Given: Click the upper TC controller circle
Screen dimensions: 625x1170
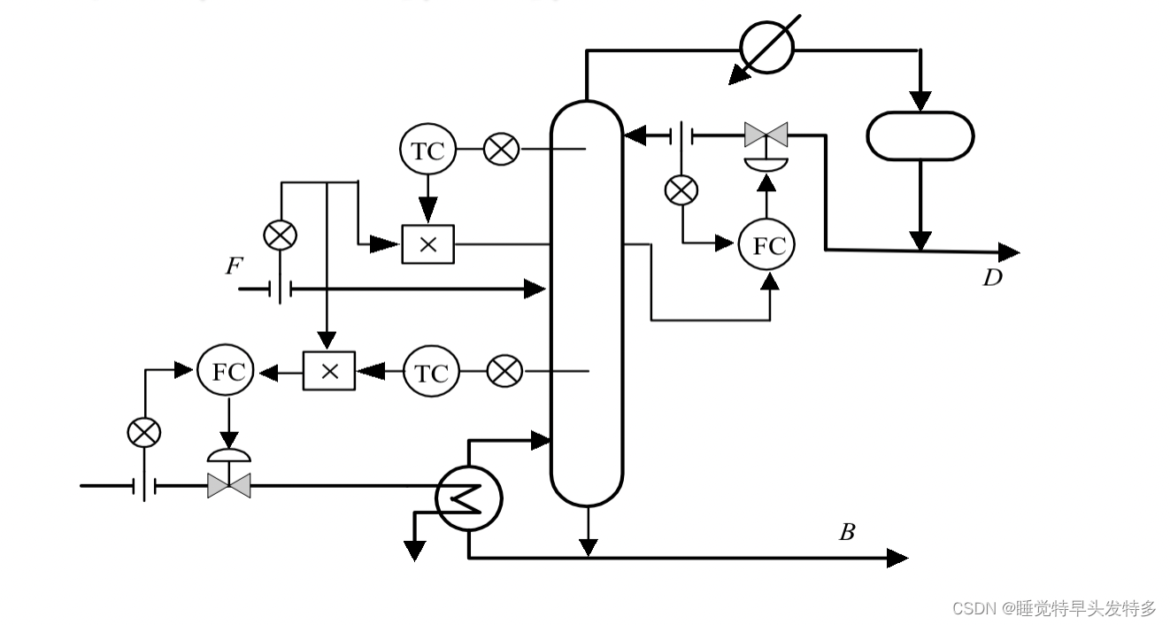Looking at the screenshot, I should [x=428, y=150].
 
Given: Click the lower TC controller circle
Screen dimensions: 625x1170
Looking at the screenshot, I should [x=432, y=373].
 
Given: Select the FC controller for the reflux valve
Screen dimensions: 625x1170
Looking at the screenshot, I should [x=767, y=245].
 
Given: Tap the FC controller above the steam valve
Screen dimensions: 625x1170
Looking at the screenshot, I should [x=225, y=371].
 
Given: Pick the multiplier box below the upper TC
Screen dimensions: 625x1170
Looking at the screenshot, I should [x=427, y=243].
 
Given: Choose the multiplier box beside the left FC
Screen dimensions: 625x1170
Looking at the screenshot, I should [x=329, y=371].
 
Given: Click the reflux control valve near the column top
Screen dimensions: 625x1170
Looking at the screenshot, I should [x=766, y=135].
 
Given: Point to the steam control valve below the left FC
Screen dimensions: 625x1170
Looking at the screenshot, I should [x=229, y=485].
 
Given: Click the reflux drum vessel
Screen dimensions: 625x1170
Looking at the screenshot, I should [x=920, y=135].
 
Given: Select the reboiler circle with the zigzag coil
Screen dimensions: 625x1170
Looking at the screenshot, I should [x=468, y=498].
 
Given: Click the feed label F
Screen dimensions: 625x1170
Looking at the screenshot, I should [x=233, y=265].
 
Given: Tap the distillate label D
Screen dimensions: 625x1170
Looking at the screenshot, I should [x=992, y=278].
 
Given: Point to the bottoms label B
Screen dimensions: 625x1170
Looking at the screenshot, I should [x=847, y=533].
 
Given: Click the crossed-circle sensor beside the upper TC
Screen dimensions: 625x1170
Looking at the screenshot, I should [x=502, y=150].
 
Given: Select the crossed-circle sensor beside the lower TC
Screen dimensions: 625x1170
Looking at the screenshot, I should [x=505, y=372].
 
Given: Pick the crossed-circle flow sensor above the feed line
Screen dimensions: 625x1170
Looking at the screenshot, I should [x=281, y=235].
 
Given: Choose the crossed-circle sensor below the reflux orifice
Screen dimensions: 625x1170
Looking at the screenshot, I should [x=681, y=189].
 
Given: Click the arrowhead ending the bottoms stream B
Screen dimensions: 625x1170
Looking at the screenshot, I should [x=898, y=558].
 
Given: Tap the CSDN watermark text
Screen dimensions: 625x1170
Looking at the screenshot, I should [x=1054, y=608].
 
